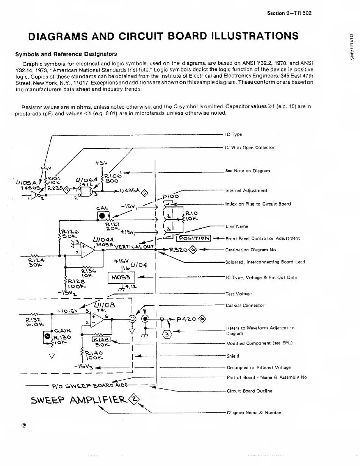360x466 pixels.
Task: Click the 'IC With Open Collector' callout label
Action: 250,148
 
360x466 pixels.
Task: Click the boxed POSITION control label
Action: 194,238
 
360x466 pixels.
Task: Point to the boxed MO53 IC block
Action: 119,278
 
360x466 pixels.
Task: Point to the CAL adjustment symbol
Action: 102,216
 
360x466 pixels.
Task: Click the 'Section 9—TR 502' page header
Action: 289,13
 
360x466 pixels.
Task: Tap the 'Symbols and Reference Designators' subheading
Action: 66,54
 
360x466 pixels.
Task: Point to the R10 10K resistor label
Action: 191,216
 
